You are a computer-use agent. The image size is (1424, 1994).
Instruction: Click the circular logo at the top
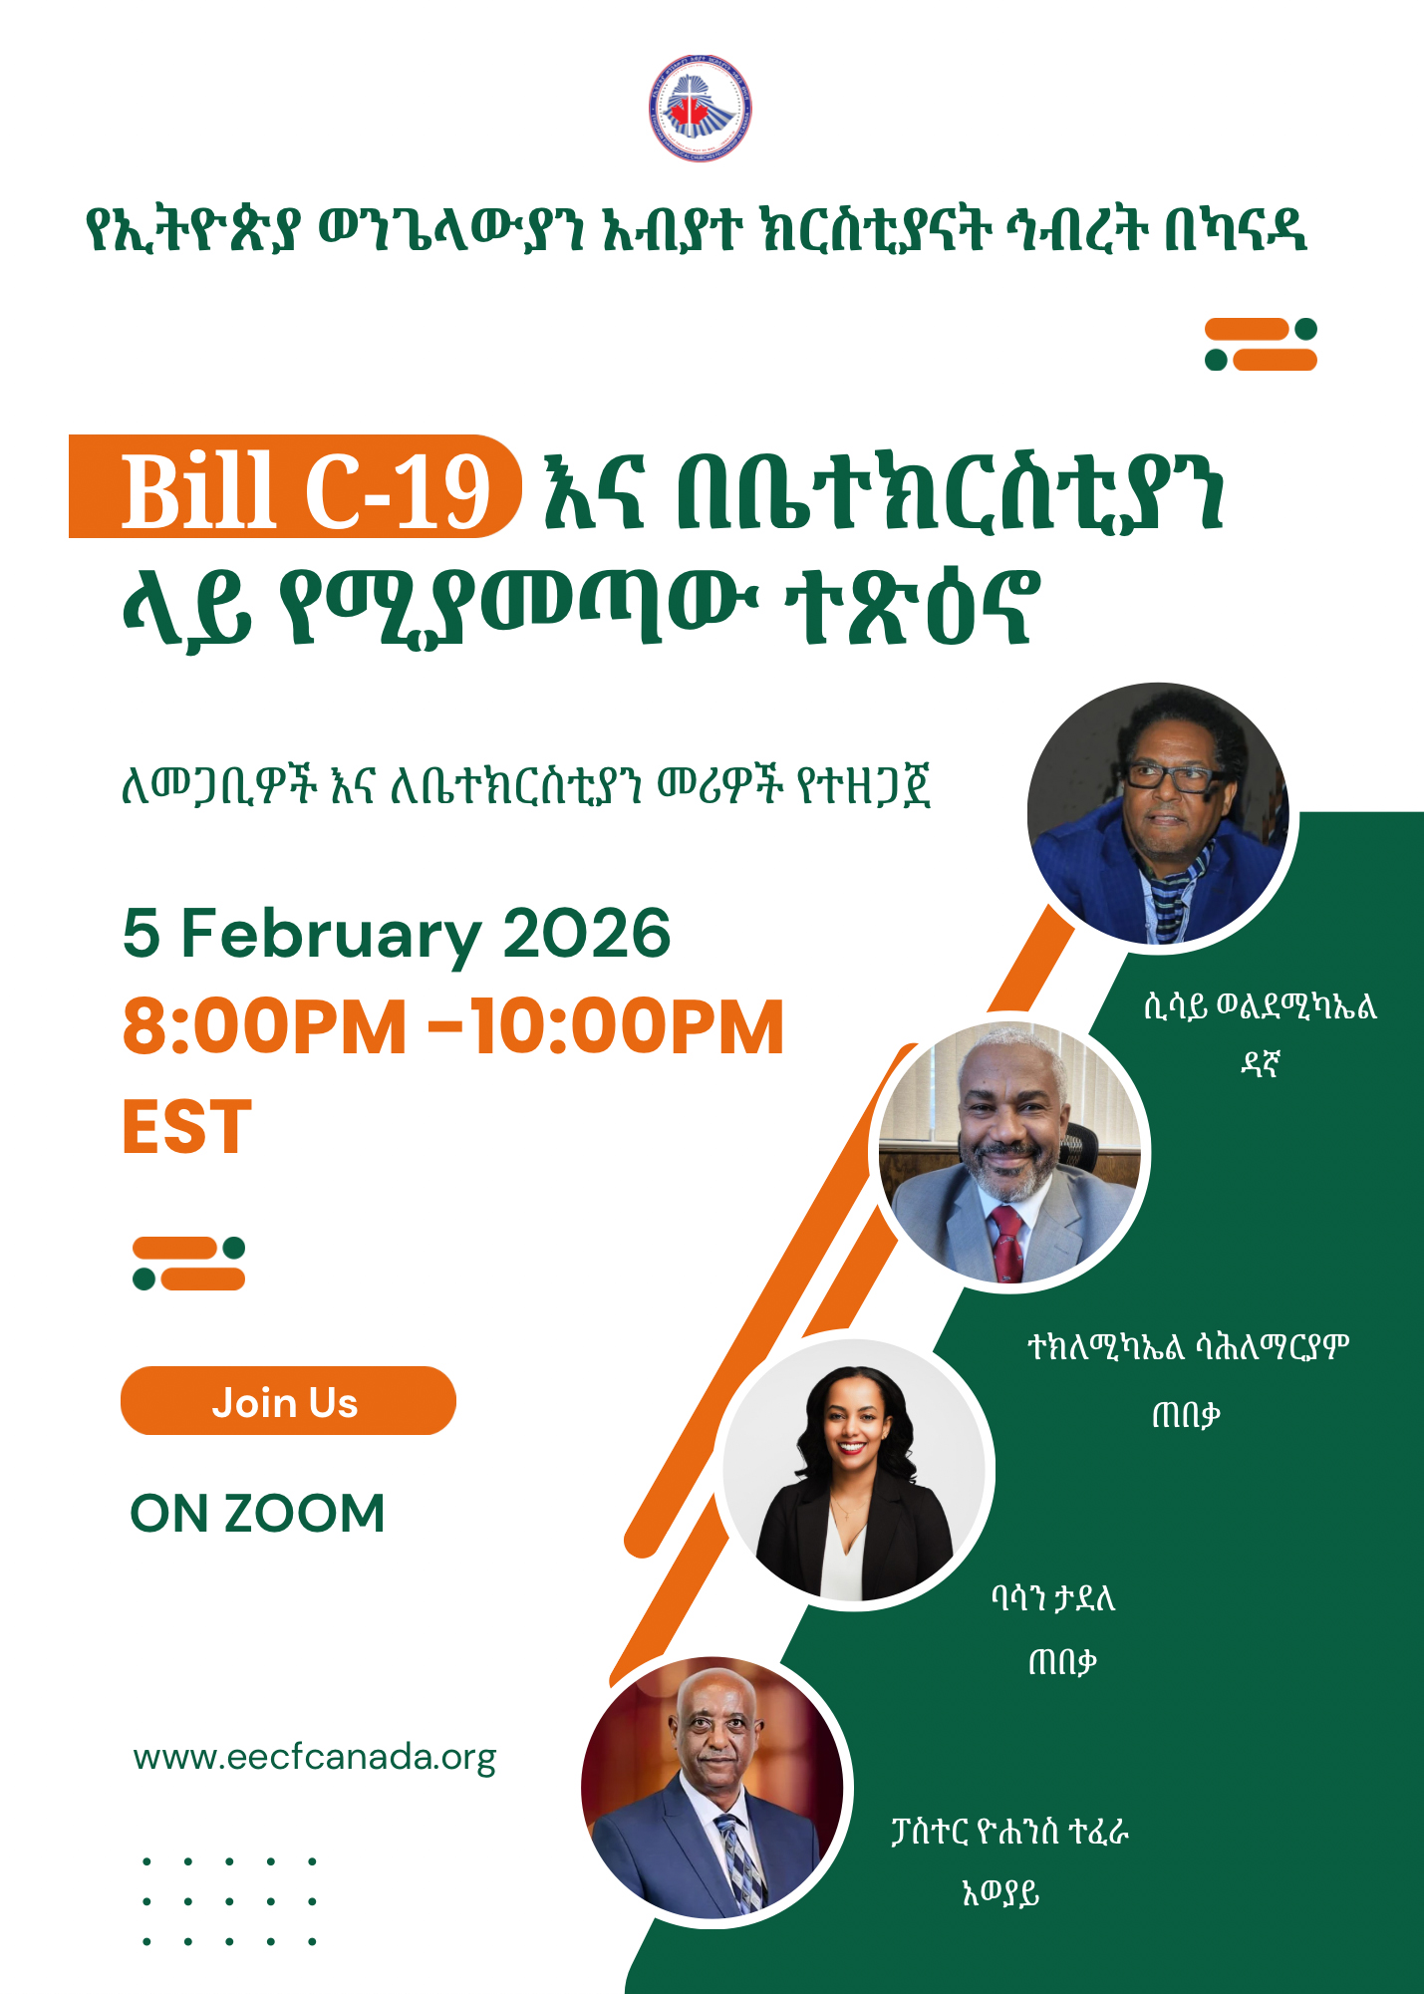click(700, 109)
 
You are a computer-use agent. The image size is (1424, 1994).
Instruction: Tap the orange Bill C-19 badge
click(295, 487)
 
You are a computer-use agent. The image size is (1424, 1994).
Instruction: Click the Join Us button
click(287, 1401)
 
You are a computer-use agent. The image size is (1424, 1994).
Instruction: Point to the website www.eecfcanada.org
click(314, 1757)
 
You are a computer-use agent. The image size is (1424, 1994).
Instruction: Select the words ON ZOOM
click(257, 1513)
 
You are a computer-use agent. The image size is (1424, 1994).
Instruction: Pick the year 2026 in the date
click(586, 935)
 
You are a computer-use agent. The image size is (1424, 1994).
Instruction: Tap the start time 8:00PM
click(264, 1026)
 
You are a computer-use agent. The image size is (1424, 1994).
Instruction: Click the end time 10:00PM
click(628, 1026)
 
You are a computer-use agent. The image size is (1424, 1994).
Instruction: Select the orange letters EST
click(186, 1127)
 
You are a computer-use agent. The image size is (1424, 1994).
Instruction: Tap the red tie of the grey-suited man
click(1006, 1242)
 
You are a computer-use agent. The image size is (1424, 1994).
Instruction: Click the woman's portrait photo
click(853, 1470)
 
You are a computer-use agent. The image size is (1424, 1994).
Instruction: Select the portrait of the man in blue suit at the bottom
click(712, 1789)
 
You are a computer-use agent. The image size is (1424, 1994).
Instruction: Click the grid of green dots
click(229, 1900)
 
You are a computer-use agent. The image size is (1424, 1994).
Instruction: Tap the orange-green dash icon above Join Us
click(189, 1263)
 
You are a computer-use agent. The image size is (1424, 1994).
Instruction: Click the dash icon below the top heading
click(1261, 344)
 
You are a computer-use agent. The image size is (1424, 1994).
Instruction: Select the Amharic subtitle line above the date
click(525, 786)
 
